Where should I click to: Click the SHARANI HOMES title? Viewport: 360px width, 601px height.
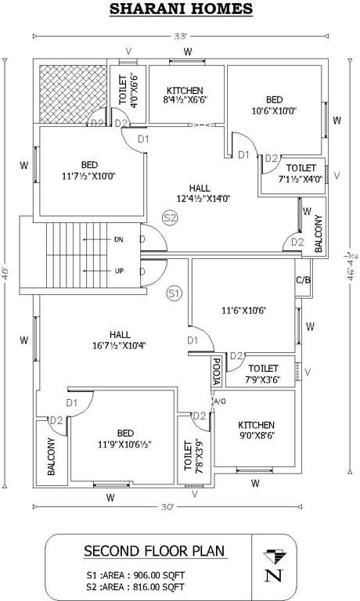pyautogui.click(x=180, y=9)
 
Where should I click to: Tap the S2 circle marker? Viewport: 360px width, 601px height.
pyautogui.click(x=170, y=218)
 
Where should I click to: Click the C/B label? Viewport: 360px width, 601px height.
pyautogui.click(x=303, y=280)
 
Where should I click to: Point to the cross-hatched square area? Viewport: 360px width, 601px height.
pyautogui.click(x=71, y=92)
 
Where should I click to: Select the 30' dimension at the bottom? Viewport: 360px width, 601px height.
pyautogui.click(x=166, y=506)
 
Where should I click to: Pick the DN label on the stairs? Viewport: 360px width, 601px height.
pyautogui.click(x=118, y=239)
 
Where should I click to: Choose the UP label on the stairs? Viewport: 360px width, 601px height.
pyautogui.click(x=118, y=271)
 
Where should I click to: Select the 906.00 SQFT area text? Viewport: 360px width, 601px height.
pyautogui.click(x=149, y=572)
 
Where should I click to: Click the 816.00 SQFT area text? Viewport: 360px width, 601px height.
pyautogui.click(x=149, y=585)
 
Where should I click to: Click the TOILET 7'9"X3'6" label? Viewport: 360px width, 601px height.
pyautogui.click(x=263, y=374)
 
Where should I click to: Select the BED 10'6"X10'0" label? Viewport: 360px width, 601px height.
pyautogui.click(x=274, y=106)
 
